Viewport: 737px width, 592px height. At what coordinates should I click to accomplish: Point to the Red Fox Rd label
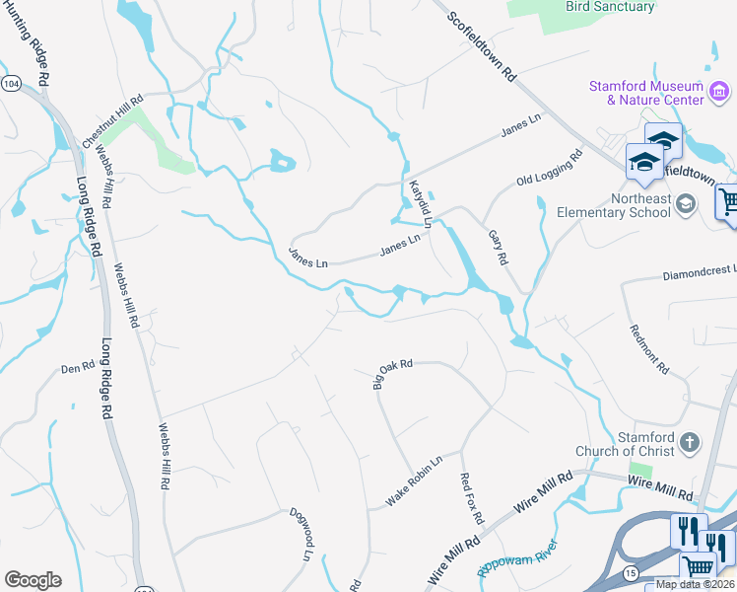473,497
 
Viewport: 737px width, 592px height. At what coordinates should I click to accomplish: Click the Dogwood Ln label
301,535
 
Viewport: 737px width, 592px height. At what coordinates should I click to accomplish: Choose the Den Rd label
76,367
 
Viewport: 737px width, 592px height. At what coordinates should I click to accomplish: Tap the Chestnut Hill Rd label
113,121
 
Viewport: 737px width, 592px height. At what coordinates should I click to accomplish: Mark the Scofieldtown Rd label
482,46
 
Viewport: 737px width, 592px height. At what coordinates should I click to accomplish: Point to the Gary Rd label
499,247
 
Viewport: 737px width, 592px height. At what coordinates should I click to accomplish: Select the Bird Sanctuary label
610,7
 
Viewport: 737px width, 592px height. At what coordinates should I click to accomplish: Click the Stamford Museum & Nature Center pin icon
720,95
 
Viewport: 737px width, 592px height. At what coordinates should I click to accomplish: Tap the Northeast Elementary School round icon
688,204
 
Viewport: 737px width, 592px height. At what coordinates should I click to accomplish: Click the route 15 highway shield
630,573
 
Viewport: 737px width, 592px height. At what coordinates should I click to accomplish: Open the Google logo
33,580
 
